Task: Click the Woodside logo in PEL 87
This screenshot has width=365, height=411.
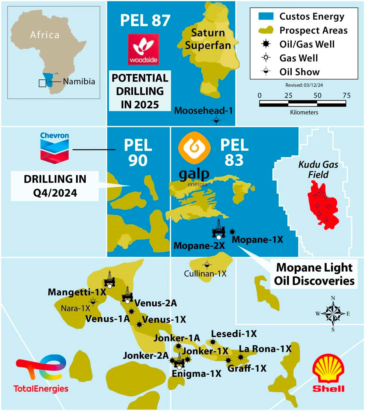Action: click(x=143, y=49)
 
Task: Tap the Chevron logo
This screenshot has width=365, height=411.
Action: click(x=54, y=148)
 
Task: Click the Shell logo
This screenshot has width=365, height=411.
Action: click(x=328, y=373)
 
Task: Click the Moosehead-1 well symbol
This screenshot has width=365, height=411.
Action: click(x=216, y=120)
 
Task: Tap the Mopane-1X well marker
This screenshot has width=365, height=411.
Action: click(x=232, y=232)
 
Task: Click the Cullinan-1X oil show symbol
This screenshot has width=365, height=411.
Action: click(x=207, y=265)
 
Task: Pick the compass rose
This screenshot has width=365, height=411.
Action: click(x=333, y=314)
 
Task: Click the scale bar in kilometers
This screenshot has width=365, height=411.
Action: click(x=302, y=104)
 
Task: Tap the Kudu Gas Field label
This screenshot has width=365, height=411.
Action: click(x=318, y=170)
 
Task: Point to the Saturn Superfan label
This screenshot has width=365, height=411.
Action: click(x=208, y=39)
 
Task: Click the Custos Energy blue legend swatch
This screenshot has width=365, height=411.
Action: click(x=266, y=16)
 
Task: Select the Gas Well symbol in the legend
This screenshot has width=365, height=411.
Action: click(x=266, y=58)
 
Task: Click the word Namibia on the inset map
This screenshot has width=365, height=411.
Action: click(x=79, y=82)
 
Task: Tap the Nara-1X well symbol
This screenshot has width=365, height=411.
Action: click(x=93, y=302)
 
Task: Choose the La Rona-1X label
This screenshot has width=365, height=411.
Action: click(x=265, y=349)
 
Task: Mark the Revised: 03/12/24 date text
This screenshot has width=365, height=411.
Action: click(x=304, y=85)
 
